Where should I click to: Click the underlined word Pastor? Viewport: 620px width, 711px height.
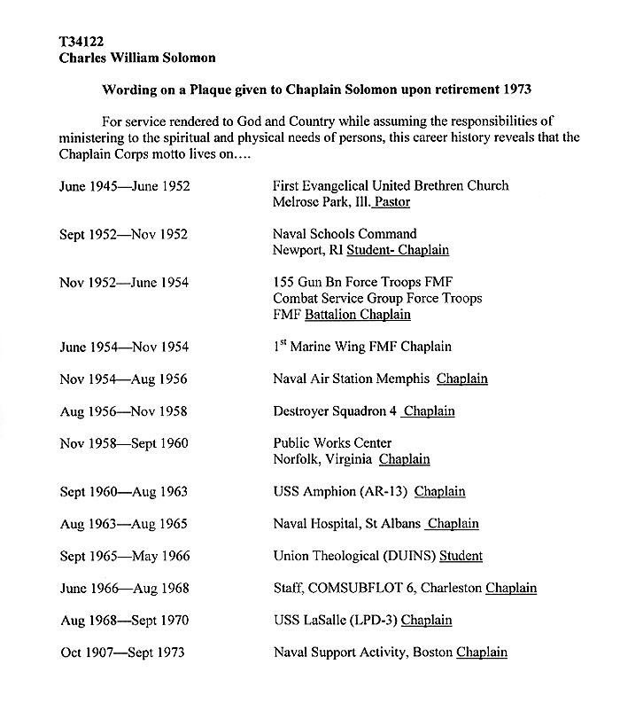(391, 202)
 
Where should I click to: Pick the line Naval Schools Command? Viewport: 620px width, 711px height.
(345, 234)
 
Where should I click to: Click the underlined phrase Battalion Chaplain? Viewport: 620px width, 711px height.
(358, 315)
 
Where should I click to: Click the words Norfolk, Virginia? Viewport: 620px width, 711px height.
(322, 459)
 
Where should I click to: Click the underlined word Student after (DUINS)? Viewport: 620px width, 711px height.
(461, 556)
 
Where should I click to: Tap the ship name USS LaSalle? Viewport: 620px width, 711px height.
(311, 620)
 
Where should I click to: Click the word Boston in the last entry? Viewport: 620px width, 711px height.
(431, 652)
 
